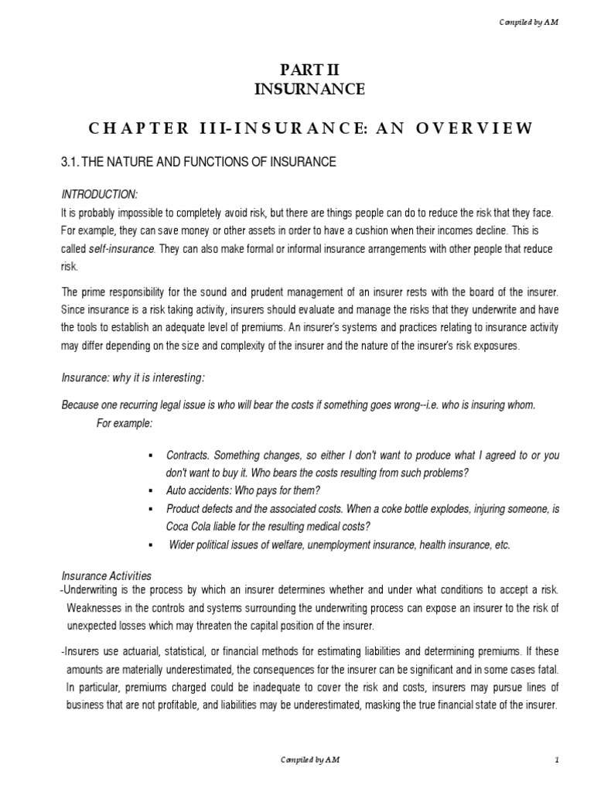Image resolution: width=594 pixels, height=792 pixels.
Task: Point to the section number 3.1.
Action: pos(70,162)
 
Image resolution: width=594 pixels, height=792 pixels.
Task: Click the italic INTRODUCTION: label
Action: pos(98,193)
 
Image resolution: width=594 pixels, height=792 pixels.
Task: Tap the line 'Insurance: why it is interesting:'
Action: pos(134,377)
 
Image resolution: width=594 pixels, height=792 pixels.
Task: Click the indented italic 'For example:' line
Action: pos(125,423)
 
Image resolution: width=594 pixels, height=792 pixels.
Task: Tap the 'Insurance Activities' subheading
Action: pos(106,575)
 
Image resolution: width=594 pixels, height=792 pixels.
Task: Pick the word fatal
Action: pos(544,669)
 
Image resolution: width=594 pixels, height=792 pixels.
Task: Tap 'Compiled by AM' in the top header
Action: pos(529,22)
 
